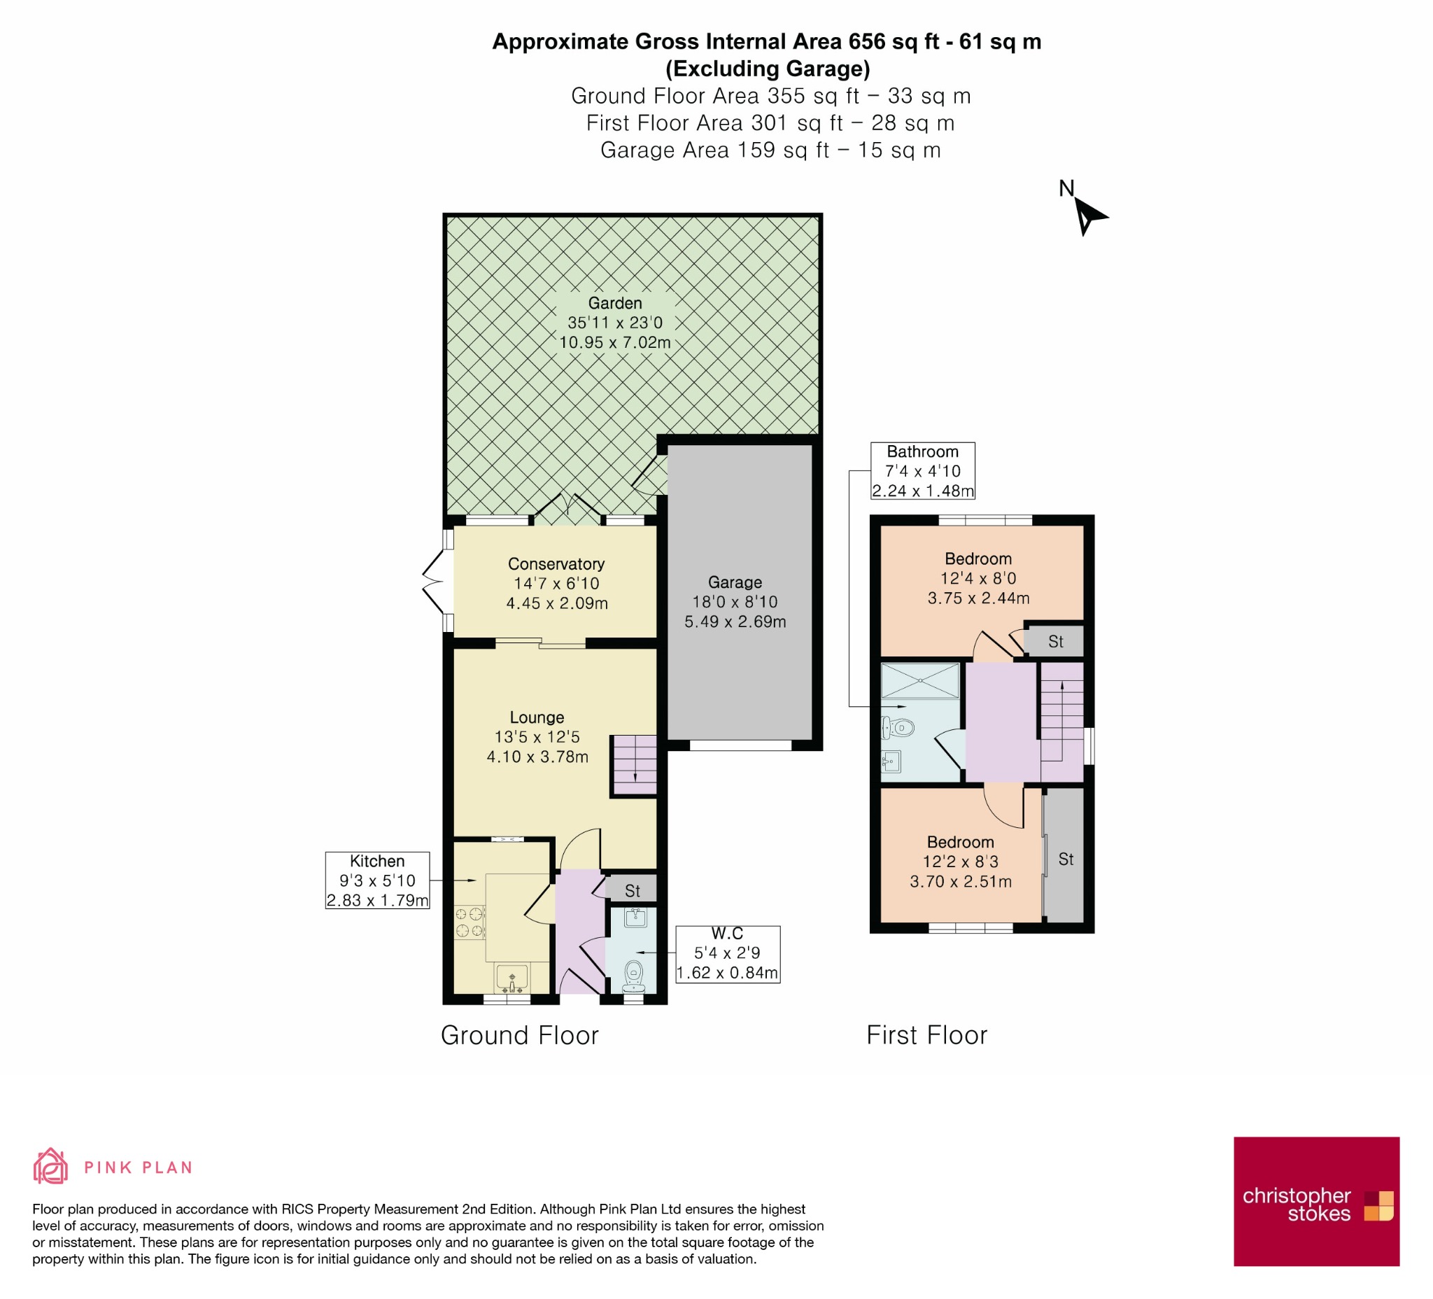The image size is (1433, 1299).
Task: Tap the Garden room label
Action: pyautogui.click(x=615, y=303)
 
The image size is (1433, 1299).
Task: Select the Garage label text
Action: pyautogui.click(x=735, y=582)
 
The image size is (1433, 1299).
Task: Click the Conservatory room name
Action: pyautogui.click(x=556, y=564)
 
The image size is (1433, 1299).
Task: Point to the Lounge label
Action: pyautogui.click(x=537, y=717)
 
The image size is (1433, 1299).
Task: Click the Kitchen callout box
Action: pyautogui.click(x=377, y=880)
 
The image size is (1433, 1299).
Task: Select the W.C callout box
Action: pyautogui.click(x=727, y=954)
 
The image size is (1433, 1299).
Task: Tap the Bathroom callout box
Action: pyautogui.click(x=923, y=471)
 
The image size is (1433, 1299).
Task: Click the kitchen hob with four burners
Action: pyautogui.click(x=469, y=922)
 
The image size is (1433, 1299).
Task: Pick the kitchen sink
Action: pyautogui.click(x=511, y=978)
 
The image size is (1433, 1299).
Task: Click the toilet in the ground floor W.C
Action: pyautogui.click(x=634, y=977)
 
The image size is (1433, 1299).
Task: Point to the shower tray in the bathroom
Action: pyautogui.click(x=921, y=680)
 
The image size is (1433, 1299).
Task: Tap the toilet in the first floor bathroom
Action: pyautogui.click(x=898, y=727)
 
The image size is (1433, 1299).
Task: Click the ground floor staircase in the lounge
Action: pyautogui.click(x=635, y=765)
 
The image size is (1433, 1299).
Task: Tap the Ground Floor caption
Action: pyautogui.click(x=520, y=1035)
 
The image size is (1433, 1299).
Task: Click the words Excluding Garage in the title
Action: pyautogui.click(x=768, y=69)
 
